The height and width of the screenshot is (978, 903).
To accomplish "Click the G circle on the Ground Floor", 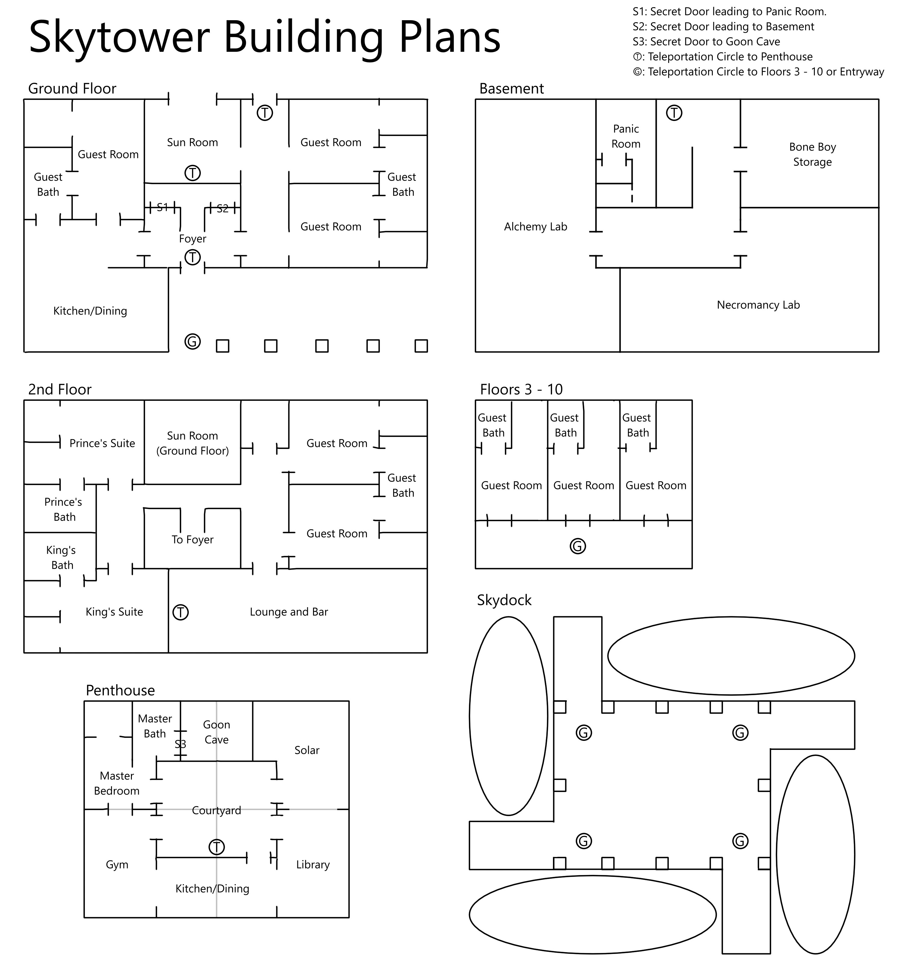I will pos(193,342).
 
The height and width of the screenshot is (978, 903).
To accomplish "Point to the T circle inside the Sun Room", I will pos(193,173).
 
